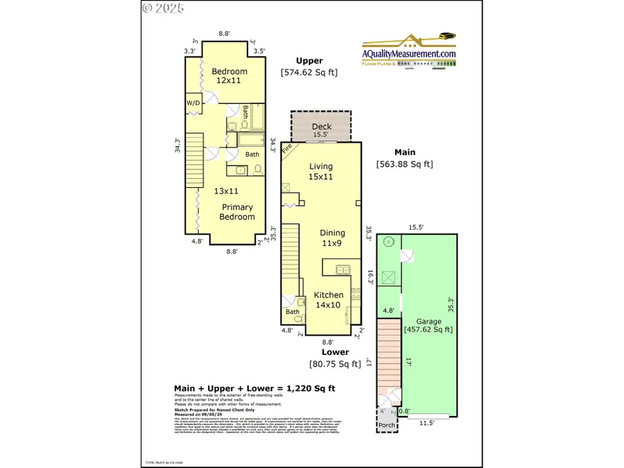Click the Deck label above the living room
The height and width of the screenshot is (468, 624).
[322, 126]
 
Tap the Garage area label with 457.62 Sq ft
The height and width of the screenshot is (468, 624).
[428, 325]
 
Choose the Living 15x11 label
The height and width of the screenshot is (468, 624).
[321, 171]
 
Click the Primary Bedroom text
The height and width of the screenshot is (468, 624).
[238, 211]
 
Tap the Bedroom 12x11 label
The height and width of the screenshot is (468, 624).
[228, 76]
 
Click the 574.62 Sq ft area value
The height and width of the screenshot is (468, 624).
[309, 71]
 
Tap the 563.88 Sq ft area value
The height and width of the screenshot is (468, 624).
[404, 164]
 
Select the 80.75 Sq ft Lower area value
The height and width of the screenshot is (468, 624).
[335, 363]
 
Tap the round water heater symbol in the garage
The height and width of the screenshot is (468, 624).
[388, 243]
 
